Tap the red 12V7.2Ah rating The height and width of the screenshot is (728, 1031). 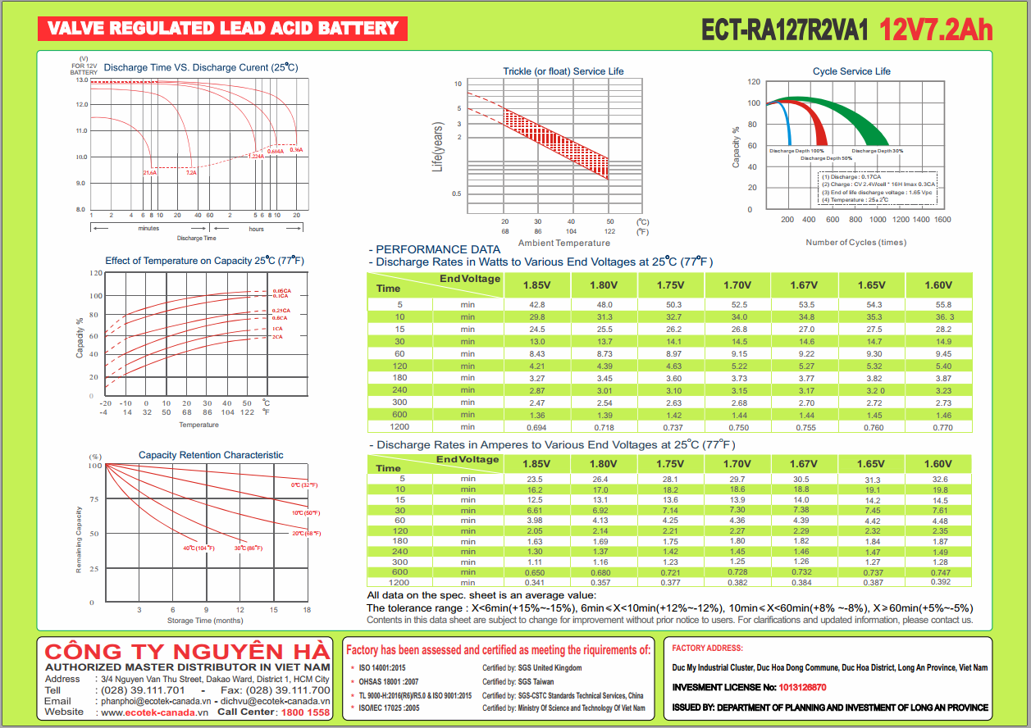tap(936, 30)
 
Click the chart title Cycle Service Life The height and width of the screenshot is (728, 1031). tap(851, 71)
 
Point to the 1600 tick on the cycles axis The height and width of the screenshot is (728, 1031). tap(942, 220)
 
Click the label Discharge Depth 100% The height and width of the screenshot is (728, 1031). tap(796, 151)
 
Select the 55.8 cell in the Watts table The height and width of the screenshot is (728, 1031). tap(943, 305)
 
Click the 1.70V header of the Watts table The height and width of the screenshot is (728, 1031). tap(737, 285)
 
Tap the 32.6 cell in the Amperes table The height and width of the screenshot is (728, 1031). tap(940, 480)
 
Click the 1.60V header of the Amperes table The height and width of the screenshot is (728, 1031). tap(938, 464)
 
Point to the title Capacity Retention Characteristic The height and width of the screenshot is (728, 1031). tap(211, 455)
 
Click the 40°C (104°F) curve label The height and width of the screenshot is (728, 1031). tap(198, 548)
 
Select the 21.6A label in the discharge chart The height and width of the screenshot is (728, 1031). tap(150, 173)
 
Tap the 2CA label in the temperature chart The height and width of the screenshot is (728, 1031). tap(278, 337)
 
